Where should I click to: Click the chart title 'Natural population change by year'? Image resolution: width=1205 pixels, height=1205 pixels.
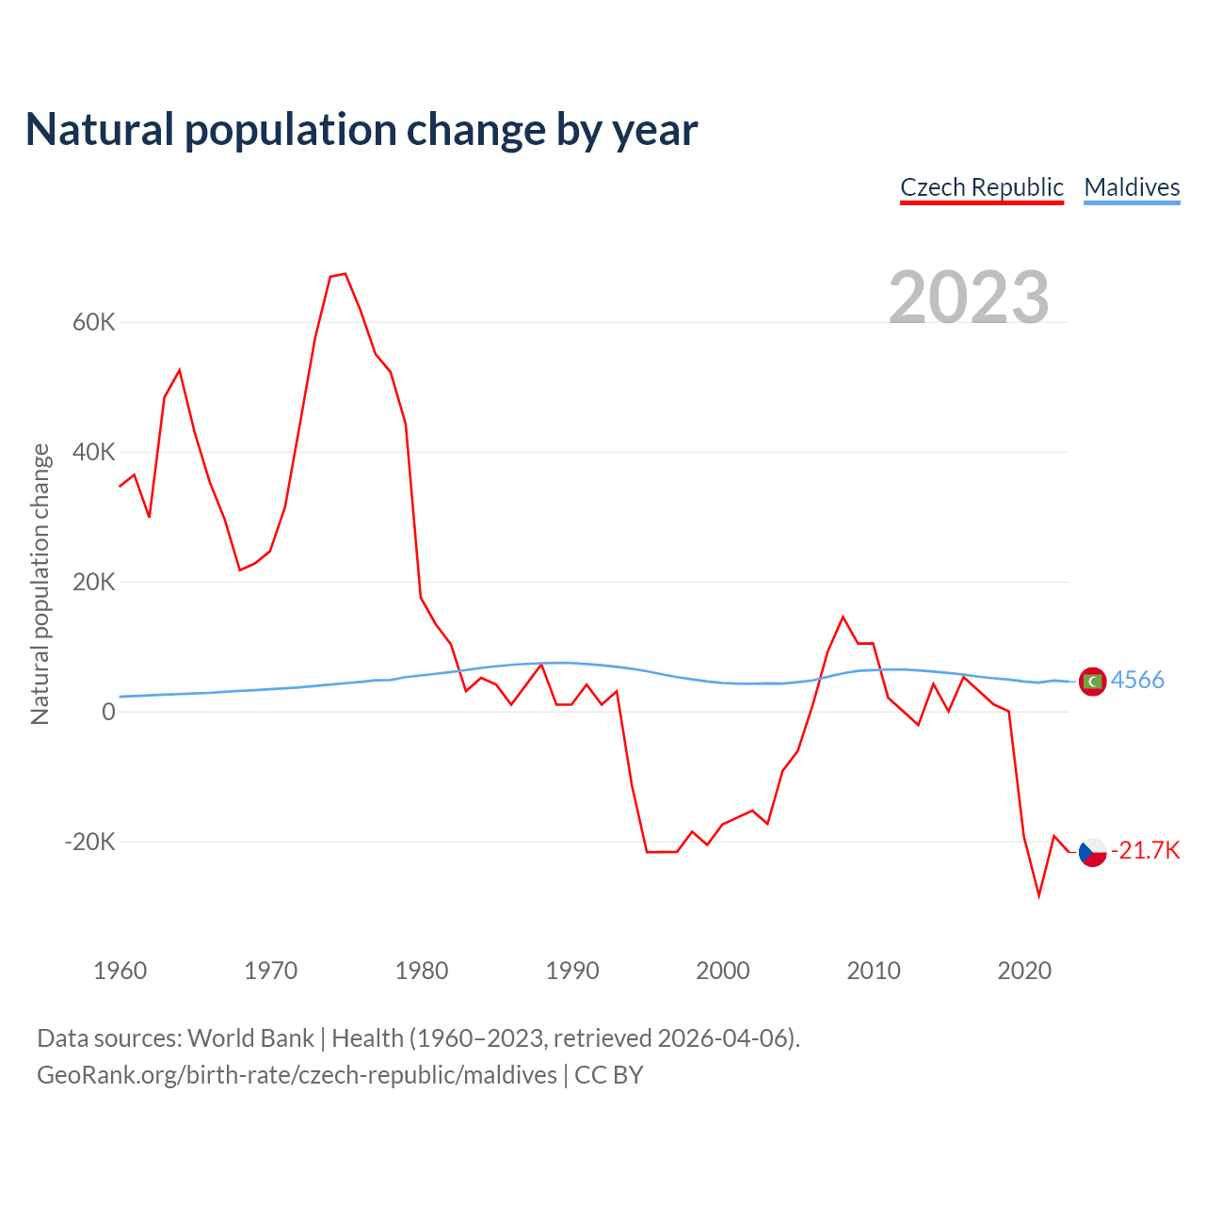coord(361,130)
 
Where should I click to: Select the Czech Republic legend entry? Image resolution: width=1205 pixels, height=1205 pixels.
coord(982,187)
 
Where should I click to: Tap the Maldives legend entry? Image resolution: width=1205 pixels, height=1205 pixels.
coord(1132,187)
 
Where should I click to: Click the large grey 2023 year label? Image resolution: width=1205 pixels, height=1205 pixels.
coord(969,297)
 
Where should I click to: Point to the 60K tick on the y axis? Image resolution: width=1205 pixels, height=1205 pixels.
coord(93,323)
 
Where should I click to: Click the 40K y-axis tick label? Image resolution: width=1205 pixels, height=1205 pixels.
coord(93,453)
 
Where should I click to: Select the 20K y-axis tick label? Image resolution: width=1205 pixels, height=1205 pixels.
coord(93,583)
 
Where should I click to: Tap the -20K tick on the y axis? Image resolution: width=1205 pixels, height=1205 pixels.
coord(89,842)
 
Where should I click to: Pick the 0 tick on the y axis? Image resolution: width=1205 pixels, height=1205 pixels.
coord(108,713)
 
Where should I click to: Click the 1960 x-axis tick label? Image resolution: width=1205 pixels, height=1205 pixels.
coord(120,971)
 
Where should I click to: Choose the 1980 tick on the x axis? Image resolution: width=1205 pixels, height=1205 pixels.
coord(422,971)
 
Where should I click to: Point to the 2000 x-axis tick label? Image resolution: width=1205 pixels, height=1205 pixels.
coord(723,971)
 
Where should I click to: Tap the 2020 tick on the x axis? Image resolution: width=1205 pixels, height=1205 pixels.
coord(1024,971)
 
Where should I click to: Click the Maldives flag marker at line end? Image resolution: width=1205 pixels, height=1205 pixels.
coord(1092,681)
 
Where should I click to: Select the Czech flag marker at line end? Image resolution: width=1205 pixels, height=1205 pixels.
coord(1092,852)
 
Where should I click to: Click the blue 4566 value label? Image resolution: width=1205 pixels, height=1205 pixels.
coord(1137,680)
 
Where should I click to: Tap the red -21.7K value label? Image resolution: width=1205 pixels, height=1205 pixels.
coord(1145,851)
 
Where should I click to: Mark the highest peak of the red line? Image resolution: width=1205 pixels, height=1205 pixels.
coord(345,274)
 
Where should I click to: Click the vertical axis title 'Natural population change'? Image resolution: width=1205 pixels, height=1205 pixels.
coord(40,585)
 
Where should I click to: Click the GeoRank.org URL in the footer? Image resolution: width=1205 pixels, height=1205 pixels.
coord(297,1075)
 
